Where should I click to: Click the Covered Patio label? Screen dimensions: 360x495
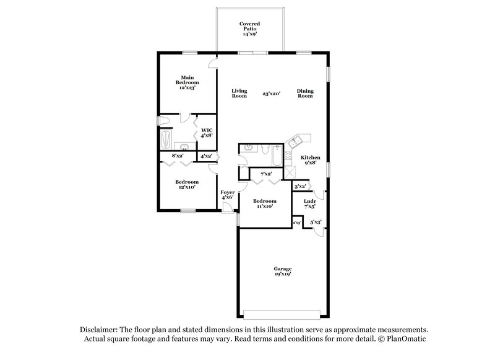coord(250,28)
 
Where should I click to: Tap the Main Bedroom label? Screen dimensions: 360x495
coord(187,82)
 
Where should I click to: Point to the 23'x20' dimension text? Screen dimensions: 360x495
coord(272,93)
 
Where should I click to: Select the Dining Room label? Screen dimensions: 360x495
coord(305,93)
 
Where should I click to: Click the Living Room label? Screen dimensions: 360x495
coord(239,93)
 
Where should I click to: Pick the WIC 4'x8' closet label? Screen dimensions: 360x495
coord(207,132)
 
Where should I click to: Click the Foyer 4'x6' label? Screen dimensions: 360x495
coord(228,195)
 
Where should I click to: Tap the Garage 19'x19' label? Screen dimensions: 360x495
coord(283,271)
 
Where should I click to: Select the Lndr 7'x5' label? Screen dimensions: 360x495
coord(311,204)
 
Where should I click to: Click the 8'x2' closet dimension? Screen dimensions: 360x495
coord(178,156)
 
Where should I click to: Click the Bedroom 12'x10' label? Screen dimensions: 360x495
coord(186,184)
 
